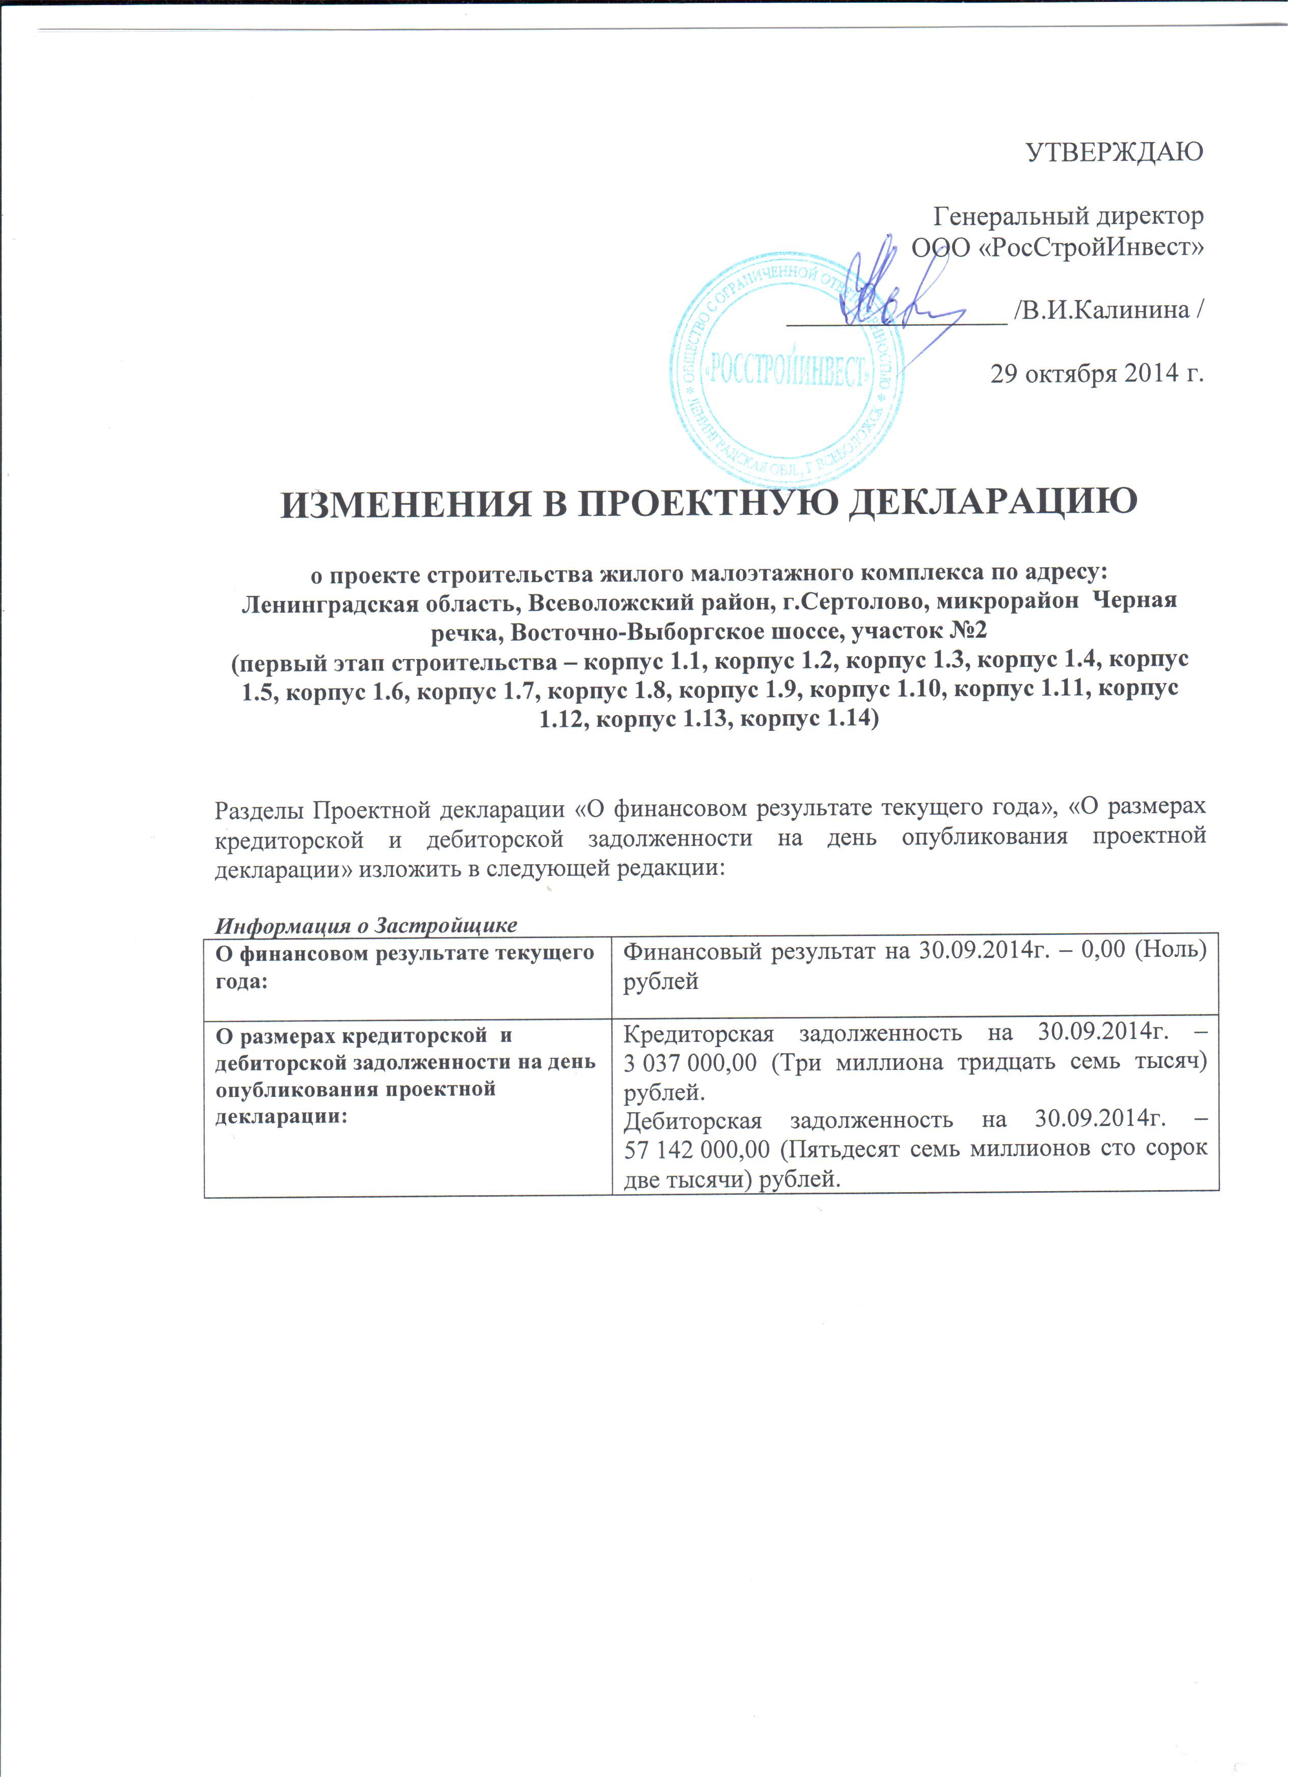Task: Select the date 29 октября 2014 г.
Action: point(1097,373)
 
